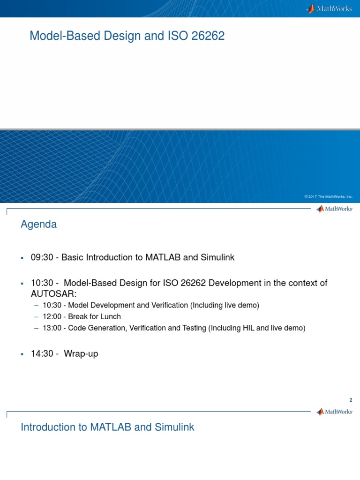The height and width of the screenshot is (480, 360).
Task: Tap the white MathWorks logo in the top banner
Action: [329, 8]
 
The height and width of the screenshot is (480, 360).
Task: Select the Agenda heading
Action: [38, 225]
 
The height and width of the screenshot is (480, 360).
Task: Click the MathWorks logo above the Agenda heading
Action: [334, 209]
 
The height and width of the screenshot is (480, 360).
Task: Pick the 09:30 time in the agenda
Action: [41, 257]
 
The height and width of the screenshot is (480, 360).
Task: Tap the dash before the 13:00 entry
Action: [37, 328]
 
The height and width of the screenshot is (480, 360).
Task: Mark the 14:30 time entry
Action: [41, 354]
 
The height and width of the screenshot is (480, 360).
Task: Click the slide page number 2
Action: [351, 400]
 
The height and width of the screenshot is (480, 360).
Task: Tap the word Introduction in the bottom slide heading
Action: [48, 427]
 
